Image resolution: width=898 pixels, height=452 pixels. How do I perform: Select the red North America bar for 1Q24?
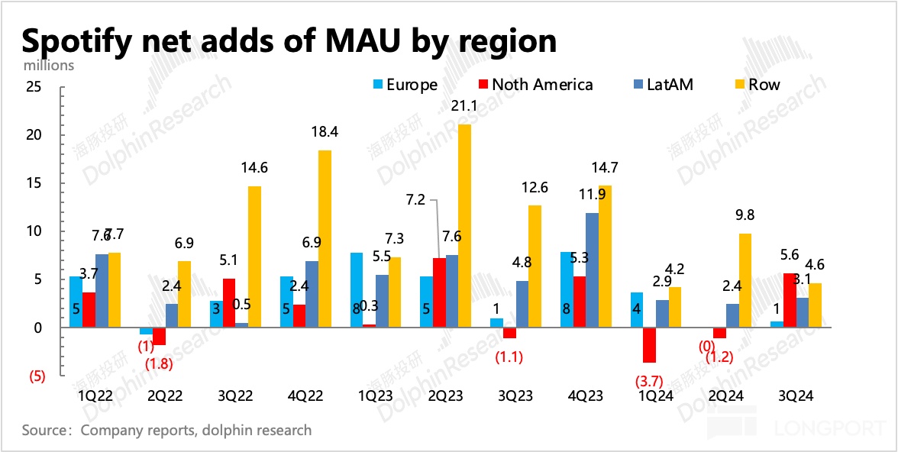[x=649, y=345]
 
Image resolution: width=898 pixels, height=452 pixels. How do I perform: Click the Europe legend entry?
[x=405, y=85]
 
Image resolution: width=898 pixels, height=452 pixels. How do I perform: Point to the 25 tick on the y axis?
[x=33, y=87]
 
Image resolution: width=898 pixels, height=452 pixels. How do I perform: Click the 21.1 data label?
[x=464, y=107]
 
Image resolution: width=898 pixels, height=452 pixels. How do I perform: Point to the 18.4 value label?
[x=325, y=132]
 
